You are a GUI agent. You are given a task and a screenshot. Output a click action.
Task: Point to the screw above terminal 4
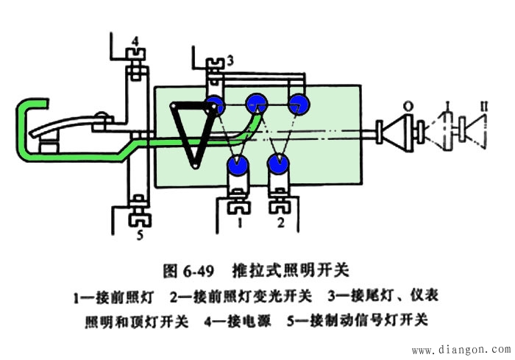135,53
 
